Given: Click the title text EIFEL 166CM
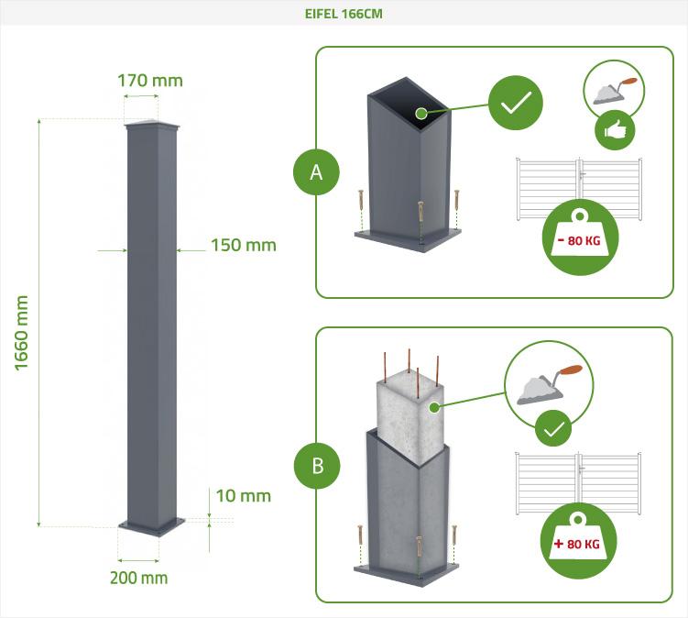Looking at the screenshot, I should pyautogui.click(x=344, y=14).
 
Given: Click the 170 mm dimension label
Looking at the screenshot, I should pyautogui.click(x=150, y=80).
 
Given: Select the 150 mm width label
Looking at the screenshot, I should pyautogui.click(x=243, y=245).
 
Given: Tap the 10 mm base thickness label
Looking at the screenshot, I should pyautogui.click(x=243, y=496).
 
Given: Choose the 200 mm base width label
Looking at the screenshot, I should pyautogui.click(x=138, y=578).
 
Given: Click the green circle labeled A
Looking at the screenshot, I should pyautogui.click(x=317, y=171).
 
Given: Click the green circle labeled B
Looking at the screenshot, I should pyautogui.click(x=317, y=465).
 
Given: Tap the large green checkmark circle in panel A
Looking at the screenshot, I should pyautogui.click(x=516, y=102).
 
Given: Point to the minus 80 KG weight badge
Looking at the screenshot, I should pyautogui.click(x=580, y=237).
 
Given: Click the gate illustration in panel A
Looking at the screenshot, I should pyautogui.click(x=579, y=188).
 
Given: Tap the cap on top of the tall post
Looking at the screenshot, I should pyautogui.click(x=152, y=126).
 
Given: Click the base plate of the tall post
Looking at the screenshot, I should pyautogui.click(x=152, y=526).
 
